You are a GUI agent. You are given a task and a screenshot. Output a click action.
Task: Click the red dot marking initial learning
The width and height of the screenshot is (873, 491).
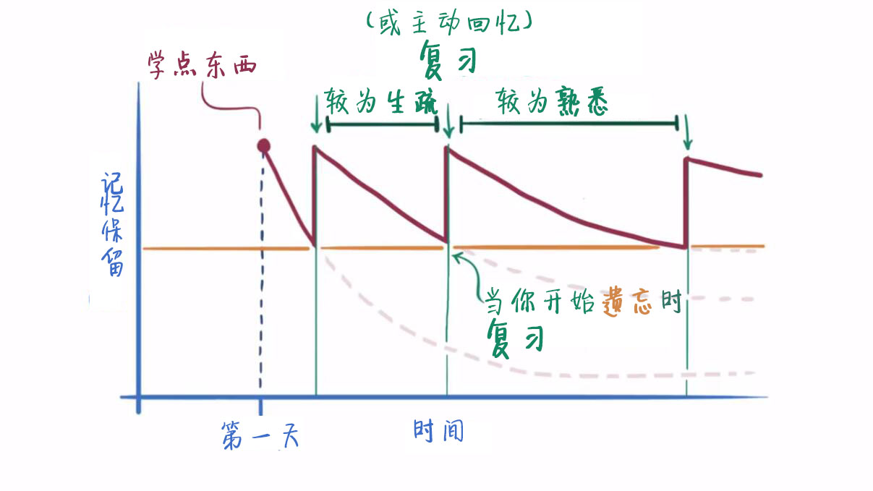tap(264, 146)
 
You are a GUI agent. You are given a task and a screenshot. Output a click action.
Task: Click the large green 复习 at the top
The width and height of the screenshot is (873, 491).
tap(449, 59)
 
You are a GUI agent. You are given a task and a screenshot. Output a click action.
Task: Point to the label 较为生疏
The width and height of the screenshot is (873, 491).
tap(381, 102)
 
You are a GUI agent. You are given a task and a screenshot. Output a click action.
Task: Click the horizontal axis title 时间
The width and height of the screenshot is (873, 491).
tap(438, 431)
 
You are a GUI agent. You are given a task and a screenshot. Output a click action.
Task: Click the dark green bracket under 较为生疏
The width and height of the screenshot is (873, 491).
tap(383, 125)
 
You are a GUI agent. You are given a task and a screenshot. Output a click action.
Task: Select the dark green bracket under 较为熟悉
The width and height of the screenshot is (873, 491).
tap(569, 124)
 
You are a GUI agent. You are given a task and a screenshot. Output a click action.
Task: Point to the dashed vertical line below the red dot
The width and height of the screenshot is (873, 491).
tap(261, 289)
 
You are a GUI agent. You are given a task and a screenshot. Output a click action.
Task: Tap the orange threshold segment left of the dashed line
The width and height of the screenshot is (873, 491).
tap(203, 249)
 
